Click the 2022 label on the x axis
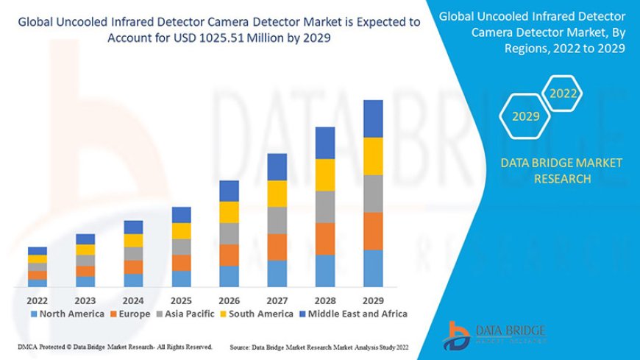point(38,300)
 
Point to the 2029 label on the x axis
point(374,300)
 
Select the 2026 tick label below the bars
point(230,300)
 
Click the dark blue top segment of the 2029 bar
point(374,119)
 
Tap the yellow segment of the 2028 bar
point(325,174)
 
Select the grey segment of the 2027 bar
point(277,220)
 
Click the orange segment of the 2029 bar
point(374,231)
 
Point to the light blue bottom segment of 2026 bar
point(230,276)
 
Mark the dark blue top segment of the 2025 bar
point(182,214)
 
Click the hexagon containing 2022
point(563,94)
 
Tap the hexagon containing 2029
point(525,116)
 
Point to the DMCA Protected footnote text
point(114,346)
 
